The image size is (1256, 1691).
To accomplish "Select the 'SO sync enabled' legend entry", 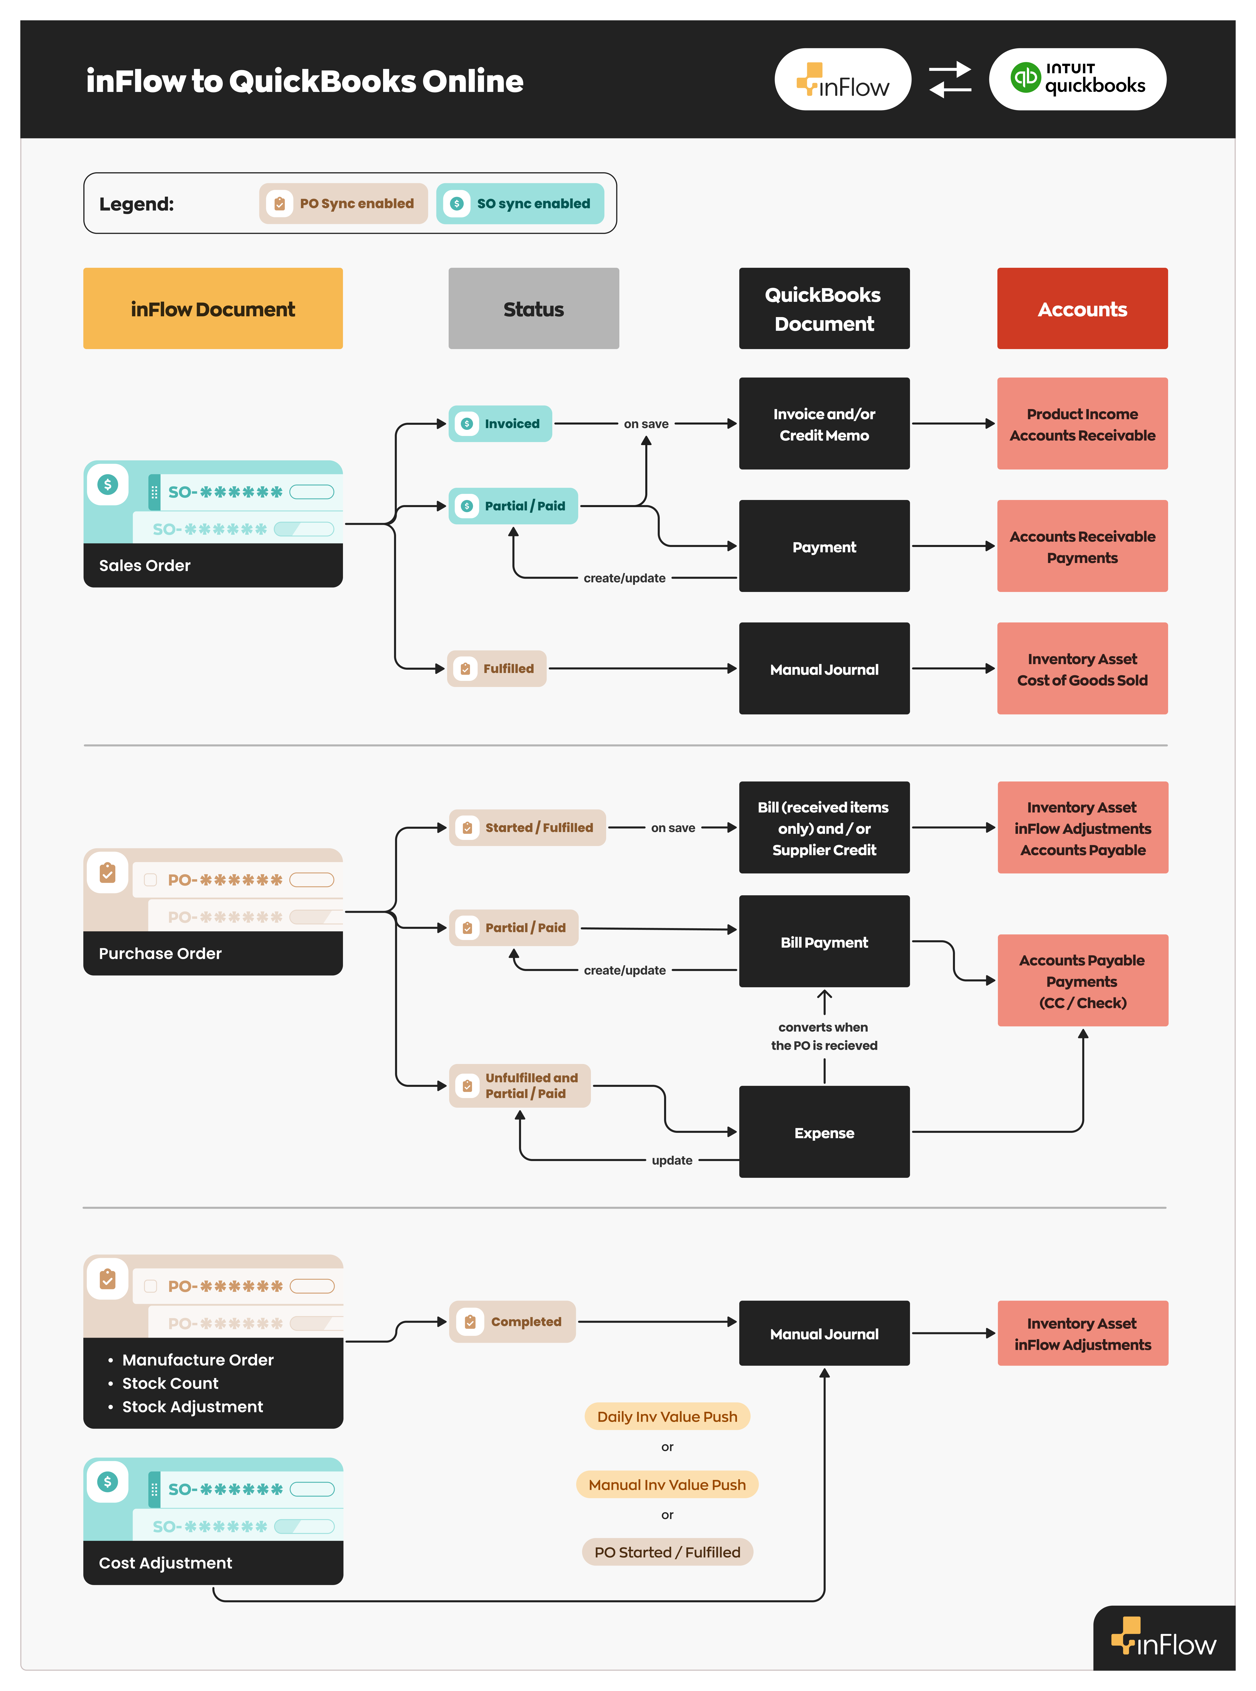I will (520, 204).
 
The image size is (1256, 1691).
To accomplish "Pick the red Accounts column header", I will (1082, 309).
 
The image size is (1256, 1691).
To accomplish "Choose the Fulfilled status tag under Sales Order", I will (496, 668).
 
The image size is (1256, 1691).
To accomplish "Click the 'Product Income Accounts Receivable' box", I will (1082, 424).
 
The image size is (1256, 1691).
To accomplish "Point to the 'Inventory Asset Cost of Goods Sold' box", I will (1082, 669).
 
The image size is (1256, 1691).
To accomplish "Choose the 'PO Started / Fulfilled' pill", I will (667, 1552).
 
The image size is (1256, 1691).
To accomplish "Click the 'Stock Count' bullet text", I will (170, 1383).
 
